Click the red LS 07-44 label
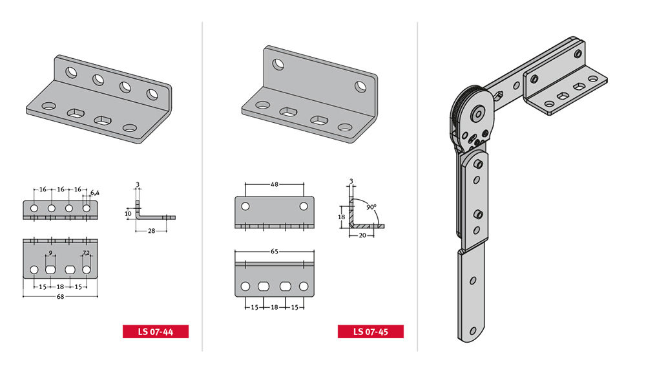(155, 332)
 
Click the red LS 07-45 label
(370, 332)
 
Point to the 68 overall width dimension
(60, 296)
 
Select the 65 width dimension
(275, 251)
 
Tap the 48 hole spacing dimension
(275, 184)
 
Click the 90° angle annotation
(371, 207)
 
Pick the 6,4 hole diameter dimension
(95, 193)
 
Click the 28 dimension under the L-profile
(152, 231)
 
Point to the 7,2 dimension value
(86, 252)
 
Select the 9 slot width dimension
(50, 253)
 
